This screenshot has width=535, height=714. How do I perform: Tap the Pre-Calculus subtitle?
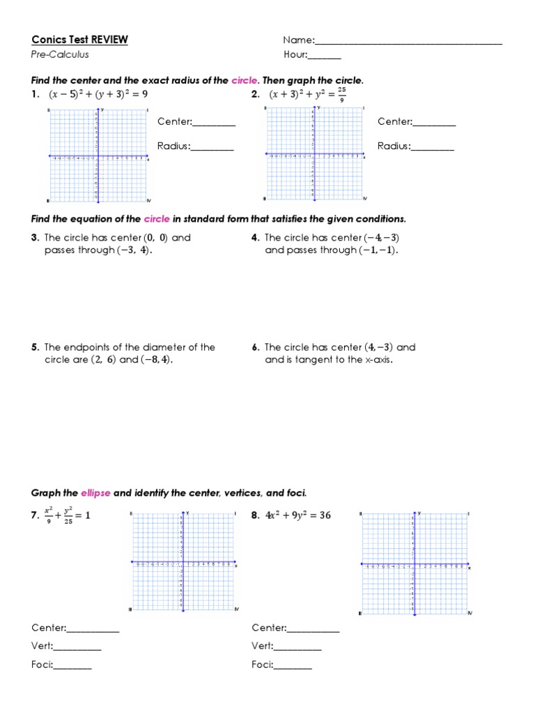click(x=60, y=54)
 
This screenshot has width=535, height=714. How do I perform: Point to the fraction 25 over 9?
click(x=341, y=94)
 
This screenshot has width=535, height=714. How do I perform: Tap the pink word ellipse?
click(x=96, y=493)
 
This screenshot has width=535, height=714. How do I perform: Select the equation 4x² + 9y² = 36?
click(x=297, y=516)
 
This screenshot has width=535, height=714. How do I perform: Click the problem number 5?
click(x=34, y=347)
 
